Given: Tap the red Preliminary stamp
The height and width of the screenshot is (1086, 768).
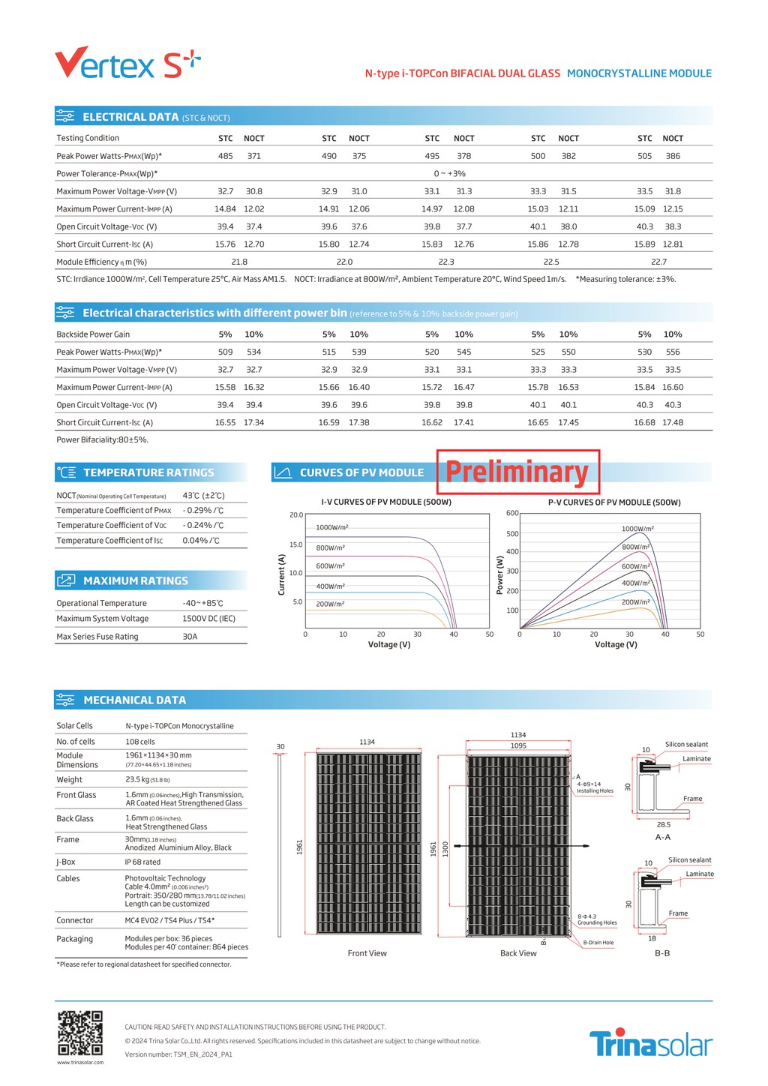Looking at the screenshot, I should click(517, 472).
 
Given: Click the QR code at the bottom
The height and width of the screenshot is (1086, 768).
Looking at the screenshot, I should click(80, 1033).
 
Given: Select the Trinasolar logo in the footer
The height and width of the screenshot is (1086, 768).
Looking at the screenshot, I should click(650, 1043).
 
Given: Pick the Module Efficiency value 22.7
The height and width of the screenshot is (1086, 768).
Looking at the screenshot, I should click(658, 262).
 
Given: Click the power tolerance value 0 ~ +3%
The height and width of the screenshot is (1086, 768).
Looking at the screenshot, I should click(449, 173).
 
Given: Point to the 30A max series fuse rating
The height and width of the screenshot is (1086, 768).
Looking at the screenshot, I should click(190, 637).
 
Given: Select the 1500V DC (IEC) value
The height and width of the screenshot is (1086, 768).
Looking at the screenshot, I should click(208, 619).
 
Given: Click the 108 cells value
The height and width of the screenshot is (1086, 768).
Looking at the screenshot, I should click(140, 742).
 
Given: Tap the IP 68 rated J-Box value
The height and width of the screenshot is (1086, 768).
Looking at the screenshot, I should click(142, 862).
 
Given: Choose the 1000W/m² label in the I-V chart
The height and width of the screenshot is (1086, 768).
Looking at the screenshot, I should click(331, 527).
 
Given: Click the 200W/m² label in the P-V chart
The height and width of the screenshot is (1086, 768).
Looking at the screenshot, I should click(635, 602).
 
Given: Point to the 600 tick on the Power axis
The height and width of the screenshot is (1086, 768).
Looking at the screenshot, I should click(512, 513).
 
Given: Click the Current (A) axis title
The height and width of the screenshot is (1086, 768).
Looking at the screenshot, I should click(282, 574).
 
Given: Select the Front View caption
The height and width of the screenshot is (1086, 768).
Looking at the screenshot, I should click(367, 953).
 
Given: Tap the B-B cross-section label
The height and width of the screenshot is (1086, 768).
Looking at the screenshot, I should click(662, 953).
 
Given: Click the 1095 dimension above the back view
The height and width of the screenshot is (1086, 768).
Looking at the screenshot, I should click(518, 745).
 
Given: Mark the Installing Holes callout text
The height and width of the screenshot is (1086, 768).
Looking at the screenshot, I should click(595, 790).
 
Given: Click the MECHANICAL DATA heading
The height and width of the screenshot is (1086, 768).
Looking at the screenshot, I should click(134, 700).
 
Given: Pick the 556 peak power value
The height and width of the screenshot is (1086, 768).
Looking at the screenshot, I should click(673, 352).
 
